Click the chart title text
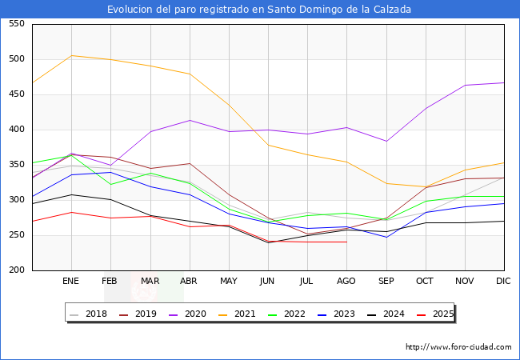[x=259, y=10]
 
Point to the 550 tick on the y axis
[x=15, y=24]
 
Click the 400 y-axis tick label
[x=15, y=130]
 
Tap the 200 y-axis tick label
[x=15, y=270]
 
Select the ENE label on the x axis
[x=71, y=282]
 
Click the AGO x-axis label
[x=346, y=282]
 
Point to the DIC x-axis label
[x=503, y=282]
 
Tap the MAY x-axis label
[x=229, y=282]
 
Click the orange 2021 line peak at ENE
[x=72, y=55]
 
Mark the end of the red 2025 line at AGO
[x=346, y=242]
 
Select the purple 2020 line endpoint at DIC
[x=503, y=82]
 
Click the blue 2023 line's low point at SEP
[x=386, y=237]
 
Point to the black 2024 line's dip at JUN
[x=268, y=242]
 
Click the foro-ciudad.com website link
[x=458, y=347]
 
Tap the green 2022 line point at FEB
[x=111, y=184]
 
